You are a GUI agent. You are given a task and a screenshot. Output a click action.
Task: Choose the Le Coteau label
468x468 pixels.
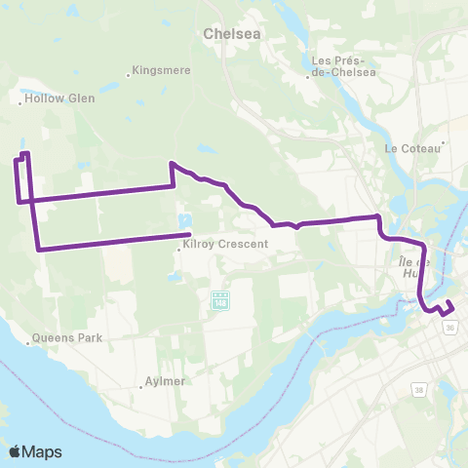412,148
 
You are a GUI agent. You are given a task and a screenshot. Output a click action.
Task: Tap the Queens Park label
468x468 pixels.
65,339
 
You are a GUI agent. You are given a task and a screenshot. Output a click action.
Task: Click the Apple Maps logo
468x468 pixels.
35,451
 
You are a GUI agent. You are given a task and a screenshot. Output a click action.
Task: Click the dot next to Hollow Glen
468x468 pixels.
20,98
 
